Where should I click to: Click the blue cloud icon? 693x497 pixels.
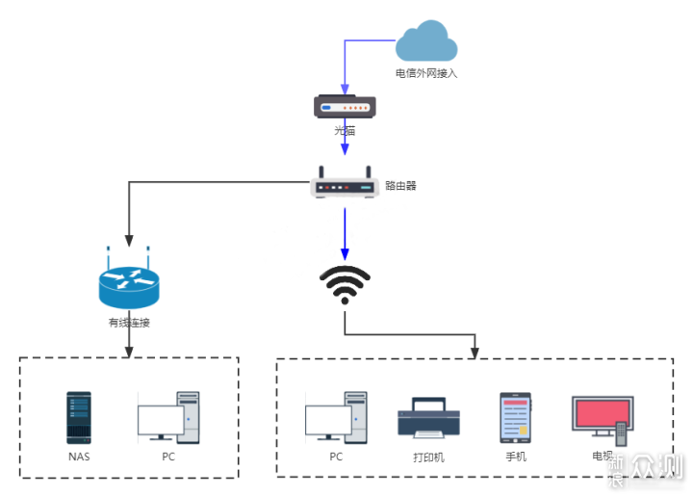tap(426, 43)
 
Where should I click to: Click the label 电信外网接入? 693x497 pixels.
tap(426, 72)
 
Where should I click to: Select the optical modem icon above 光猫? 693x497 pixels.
tap(345, 106)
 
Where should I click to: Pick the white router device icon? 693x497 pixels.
tap(344, 183)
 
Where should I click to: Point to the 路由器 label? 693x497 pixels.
tap(400, 185)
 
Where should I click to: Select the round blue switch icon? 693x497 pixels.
tap(129, 286)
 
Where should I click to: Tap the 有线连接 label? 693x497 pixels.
tap(129, 323)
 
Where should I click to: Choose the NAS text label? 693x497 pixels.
tap(79, 457)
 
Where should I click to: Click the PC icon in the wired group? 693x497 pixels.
tap(168, 418)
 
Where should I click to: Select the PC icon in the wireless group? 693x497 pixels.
tap(336, 418)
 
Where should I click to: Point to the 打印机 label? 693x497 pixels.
tap(428, 458)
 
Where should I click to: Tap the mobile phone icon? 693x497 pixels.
tap(515, 418)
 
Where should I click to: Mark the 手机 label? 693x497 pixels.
tap(516, 457)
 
